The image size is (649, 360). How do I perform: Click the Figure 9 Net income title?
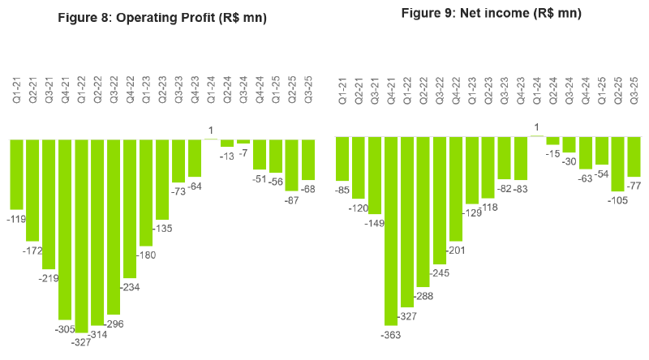[x=492, y=13]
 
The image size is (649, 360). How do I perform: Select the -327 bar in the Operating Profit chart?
[x=82, y=235]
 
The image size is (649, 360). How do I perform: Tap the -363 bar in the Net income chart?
[x=391, y=231]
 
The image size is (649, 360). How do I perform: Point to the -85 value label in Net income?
[x=342, y=190]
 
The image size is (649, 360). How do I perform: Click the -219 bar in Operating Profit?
[x=49, y=203]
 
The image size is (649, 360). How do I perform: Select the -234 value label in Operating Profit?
[x=130, y=287]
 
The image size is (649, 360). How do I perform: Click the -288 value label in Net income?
[x=423, y=296]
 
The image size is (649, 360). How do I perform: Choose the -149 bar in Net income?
[x=375, y=174]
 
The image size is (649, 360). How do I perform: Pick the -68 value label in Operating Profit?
[x=308, y=189]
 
